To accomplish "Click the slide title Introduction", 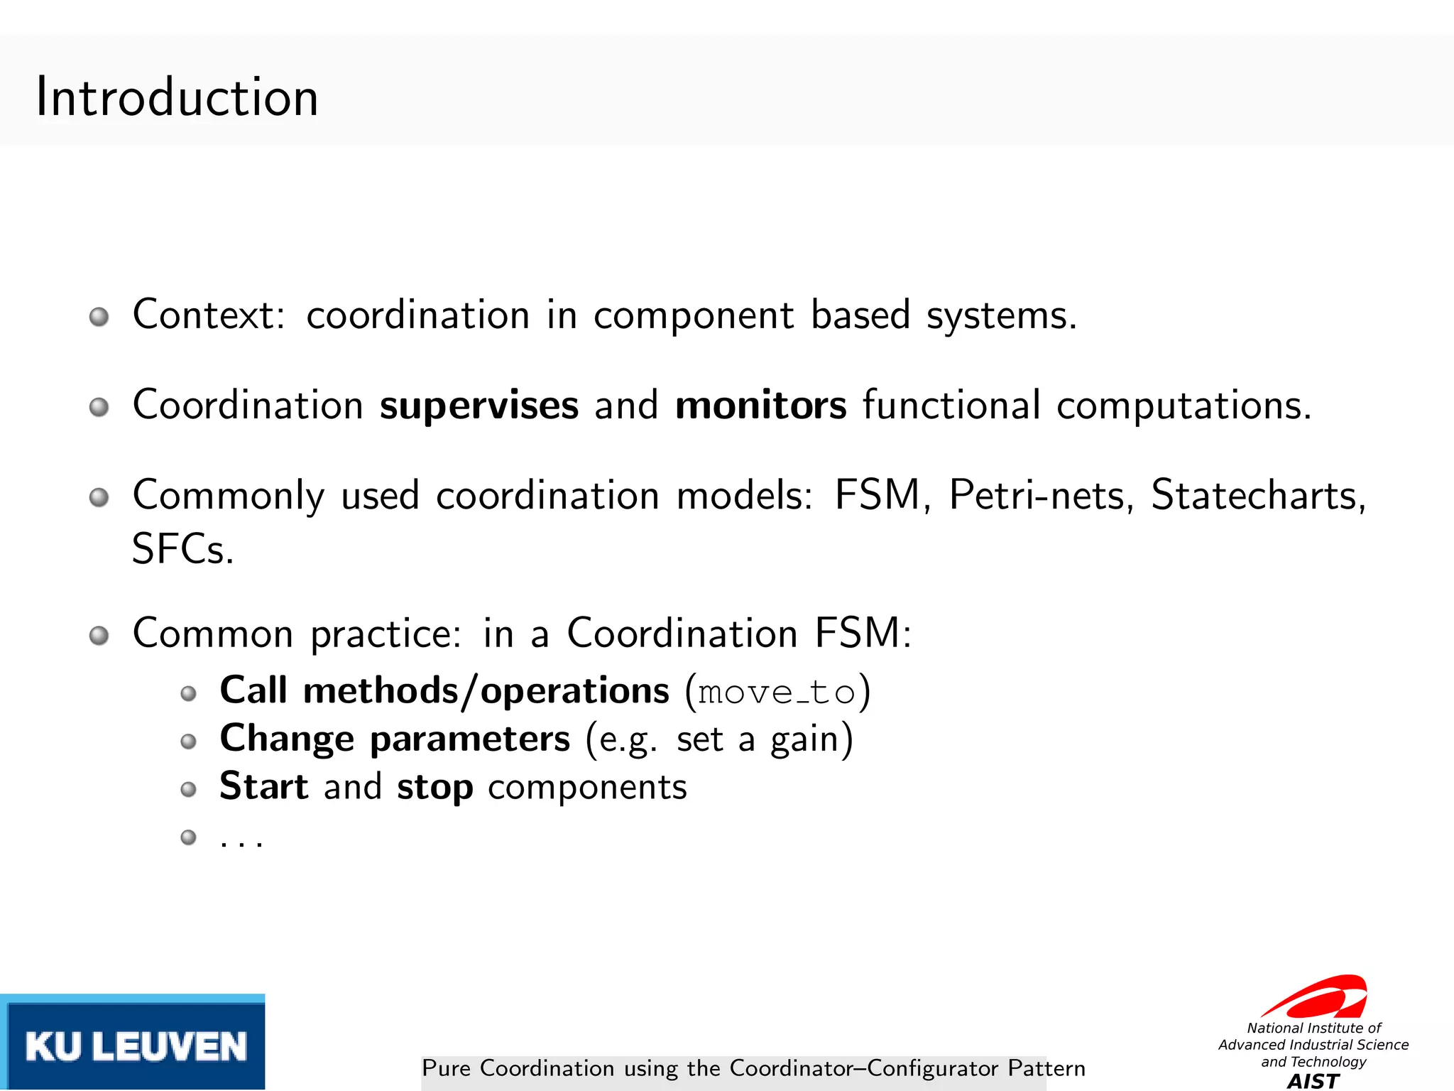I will pos(177,97).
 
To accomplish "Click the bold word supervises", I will pos(479,406).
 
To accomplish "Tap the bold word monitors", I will pos(760,406).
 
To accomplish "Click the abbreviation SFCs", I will pos(182,549).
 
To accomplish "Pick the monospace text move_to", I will pos(777,693).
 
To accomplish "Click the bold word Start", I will pos(263,786).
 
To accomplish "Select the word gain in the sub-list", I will pos(805,740).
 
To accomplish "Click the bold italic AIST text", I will pos(1313,1081).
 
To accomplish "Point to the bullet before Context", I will pos(99,317).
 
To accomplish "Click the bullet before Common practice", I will pos(99,635).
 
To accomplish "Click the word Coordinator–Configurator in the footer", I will pos(864,1068).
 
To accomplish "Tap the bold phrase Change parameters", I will pos(395,739).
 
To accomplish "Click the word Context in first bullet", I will pos(208,315).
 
